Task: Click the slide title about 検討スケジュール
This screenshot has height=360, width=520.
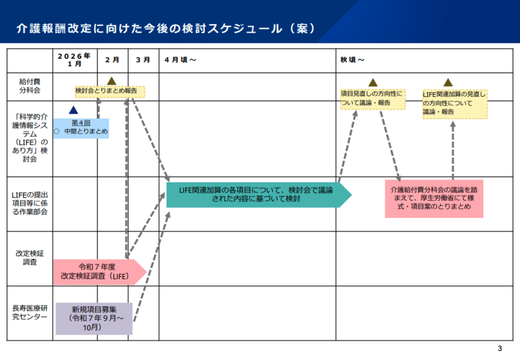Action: tap(166, 29)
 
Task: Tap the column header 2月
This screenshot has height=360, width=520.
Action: tap(112, 60)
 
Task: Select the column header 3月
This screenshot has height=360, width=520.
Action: tap(143, 60)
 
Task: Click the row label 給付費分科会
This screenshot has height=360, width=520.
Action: tap(30, 86)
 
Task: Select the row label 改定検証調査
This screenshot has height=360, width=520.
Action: tap(30, 258)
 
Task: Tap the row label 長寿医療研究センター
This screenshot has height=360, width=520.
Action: tap(30, 313)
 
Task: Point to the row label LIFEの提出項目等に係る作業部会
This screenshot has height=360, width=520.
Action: tap(30, 203)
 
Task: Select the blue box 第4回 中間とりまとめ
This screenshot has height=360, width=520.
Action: tap(81, 127)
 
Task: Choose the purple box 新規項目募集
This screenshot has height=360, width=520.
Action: tap(94, 318)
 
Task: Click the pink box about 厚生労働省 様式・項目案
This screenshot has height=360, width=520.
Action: tap(434, 198)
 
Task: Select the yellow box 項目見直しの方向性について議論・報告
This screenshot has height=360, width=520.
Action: tap(372, 98)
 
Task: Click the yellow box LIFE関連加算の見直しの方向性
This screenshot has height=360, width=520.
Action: tap(454, 103)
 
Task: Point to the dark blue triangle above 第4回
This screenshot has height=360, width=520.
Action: tap(73, 111)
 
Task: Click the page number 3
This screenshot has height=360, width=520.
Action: tap(499, 348)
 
